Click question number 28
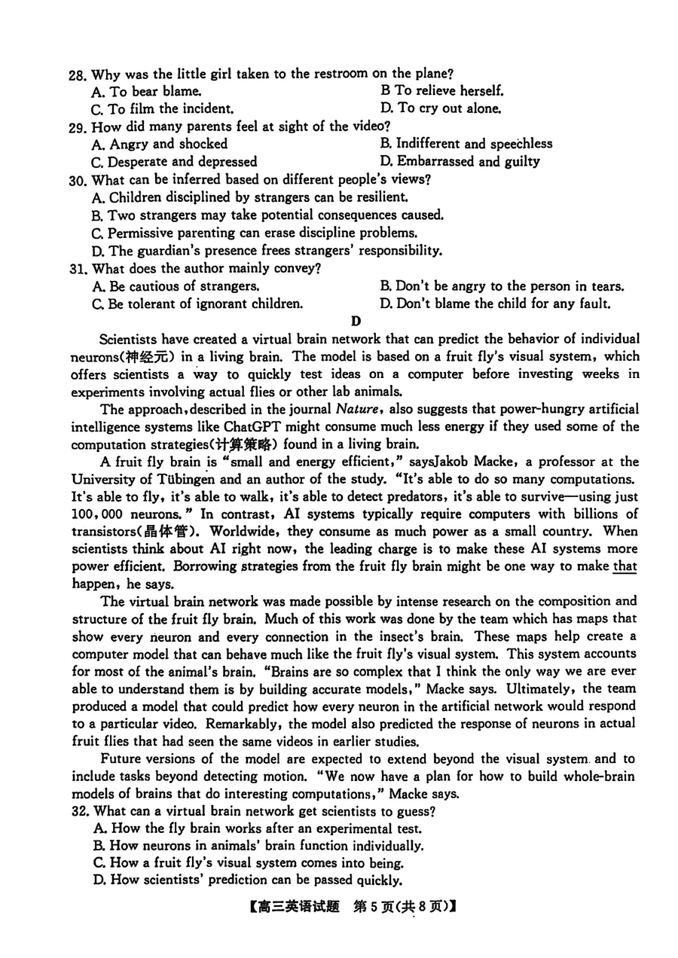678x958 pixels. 78,75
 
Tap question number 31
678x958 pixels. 78,269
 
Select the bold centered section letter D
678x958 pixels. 356,322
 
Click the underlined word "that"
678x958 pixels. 625,566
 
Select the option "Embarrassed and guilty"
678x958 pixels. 468,161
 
